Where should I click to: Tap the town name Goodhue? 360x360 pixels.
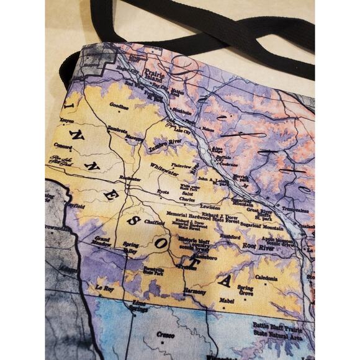[119, 106]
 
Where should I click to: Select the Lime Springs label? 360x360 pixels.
[140, 305]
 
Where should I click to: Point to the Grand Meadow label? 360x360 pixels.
[102, 241]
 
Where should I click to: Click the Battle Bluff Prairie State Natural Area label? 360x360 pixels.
[276, 330]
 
